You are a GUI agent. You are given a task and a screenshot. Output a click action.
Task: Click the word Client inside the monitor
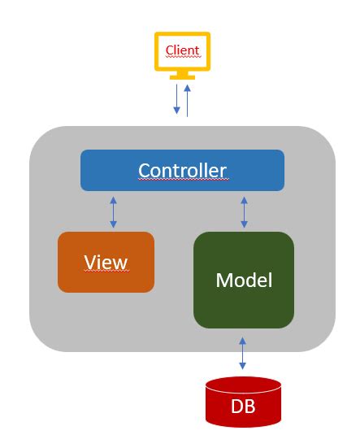click(x=182, y=50)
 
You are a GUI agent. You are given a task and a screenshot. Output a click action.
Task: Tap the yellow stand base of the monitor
click(x=182, y=78)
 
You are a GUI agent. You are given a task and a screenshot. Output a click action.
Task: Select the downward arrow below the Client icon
click(x=177, y=99)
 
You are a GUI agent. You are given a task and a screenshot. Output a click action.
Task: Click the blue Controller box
click(x=182, y=170)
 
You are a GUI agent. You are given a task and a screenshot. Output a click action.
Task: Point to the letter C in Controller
click(x=144, y=170)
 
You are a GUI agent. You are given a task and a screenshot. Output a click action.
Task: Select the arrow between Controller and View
click(x=113, y=211)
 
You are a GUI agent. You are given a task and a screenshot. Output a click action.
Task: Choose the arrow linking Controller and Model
click(x=243, y=211)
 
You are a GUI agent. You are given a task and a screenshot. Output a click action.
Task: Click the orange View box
click(x=106, y=262)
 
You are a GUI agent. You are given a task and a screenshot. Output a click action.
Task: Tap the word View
click(x=106, y=262)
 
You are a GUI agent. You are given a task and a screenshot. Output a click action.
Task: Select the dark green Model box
click(x=243, y=280)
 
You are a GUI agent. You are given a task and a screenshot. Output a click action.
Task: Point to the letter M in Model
click(x=224, y=281)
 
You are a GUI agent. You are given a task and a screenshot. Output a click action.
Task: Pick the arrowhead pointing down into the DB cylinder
click(x=242, y=370)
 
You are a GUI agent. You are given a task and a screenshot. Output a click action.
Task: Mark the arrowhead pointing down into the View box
click(x=113, y=225)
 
